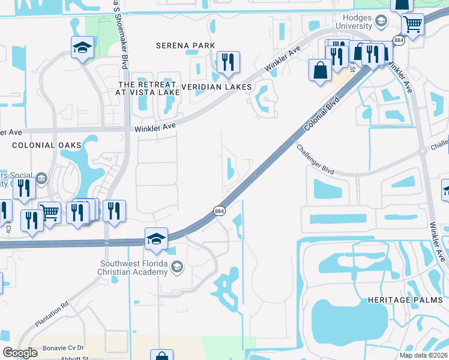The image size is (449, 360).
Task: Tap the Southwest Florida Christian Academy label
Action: tap(134, 268)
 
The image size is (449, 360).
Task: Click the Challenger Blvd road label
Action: tap(315, 159)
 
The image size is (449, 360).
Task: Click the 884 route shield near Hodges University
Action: tap(399, 40)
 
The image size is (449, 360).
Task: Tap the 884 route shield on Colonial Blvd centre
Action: tap(220, 211)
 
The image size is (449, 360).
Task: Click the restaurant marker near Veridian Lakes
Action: tap(228, 62)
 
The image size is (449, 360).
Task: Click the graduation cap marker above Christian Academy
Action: tap(155, 238)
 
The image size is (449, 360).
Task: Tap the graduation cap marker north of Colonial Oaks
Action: tap(82, 47)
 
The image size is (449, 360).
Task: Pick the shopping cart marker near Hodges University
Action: tap(412, 25)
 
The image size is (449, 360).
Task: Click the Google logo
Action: tap(20, 353)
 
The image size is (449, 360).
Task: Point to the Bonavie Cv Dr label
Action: tap(64, 348)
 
